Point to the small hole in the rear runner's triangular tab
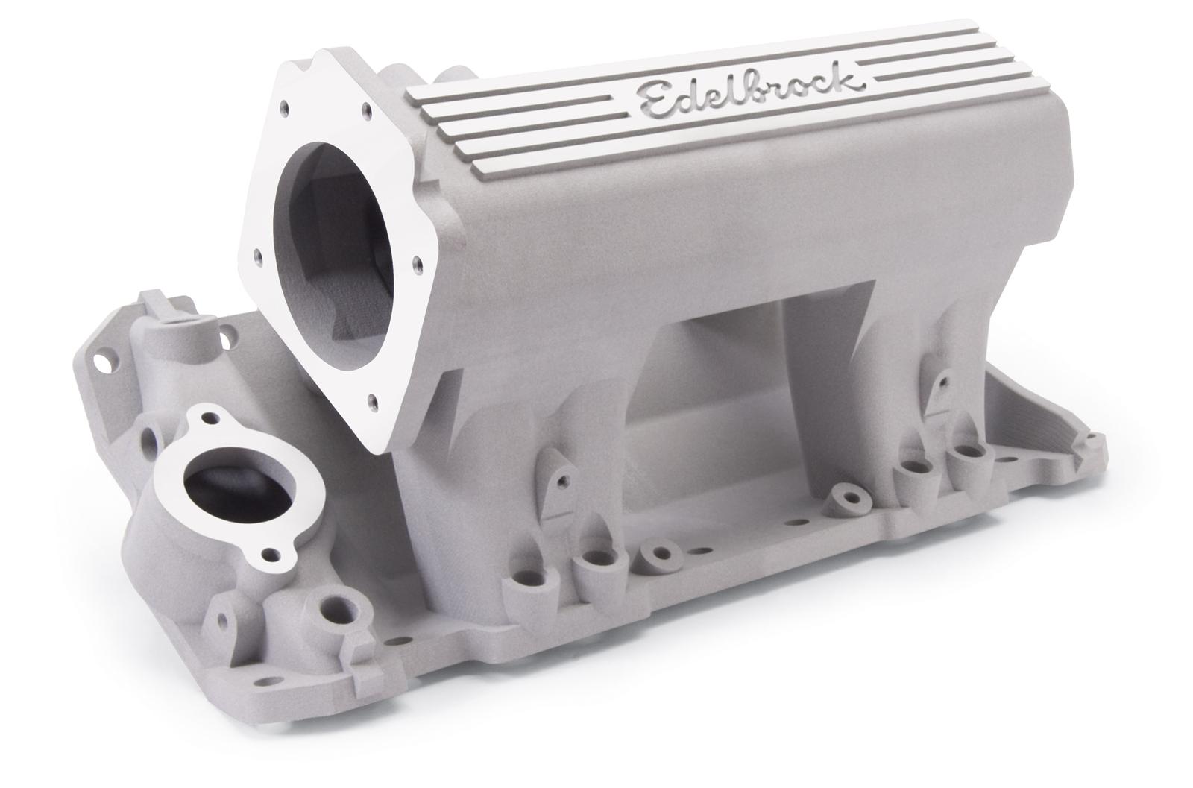(x=941, y=382)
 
